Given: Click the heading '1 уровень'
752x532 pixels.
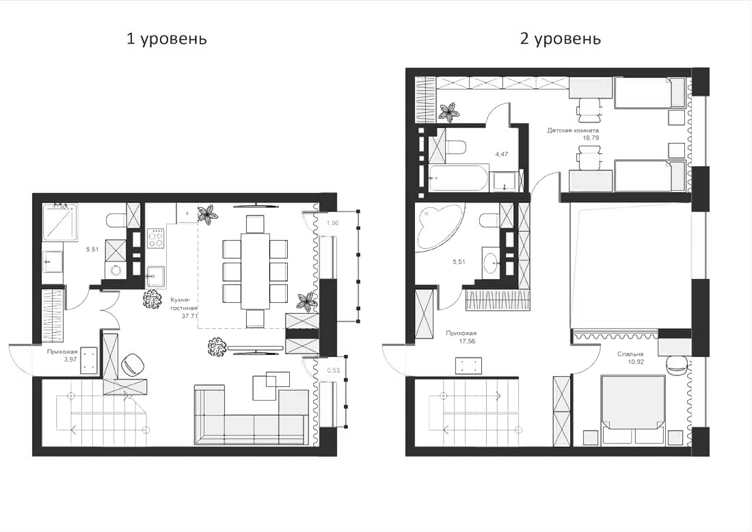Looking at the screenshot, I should pos(167,39).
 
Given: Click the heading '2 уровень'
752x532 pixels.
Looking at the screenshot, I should pos(561,39).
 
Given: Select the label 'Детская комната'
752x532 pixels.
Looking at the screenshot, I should pos(573,130).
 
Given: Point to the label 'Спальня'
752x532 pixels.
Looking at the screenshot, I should pos(630,354).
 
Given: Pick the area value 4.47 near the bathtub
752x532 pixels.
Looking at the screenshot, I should pos(502,154).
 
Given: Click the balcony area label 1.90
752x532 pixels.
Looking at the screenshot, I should pos(332,223).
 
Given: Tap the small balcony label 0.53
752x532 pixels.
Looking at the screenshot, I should pos(334,371).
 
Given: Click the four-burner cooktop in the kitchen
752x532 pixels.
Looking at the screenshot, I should pos(157,237).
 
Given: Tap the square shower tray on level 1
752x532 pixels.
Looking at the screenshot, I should pos(61,222).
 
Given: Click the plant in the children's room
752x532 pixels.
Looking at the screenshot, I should pos(449,111).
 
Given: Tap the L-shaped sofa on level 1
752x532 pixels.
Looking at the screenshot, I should pos(252,417).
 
